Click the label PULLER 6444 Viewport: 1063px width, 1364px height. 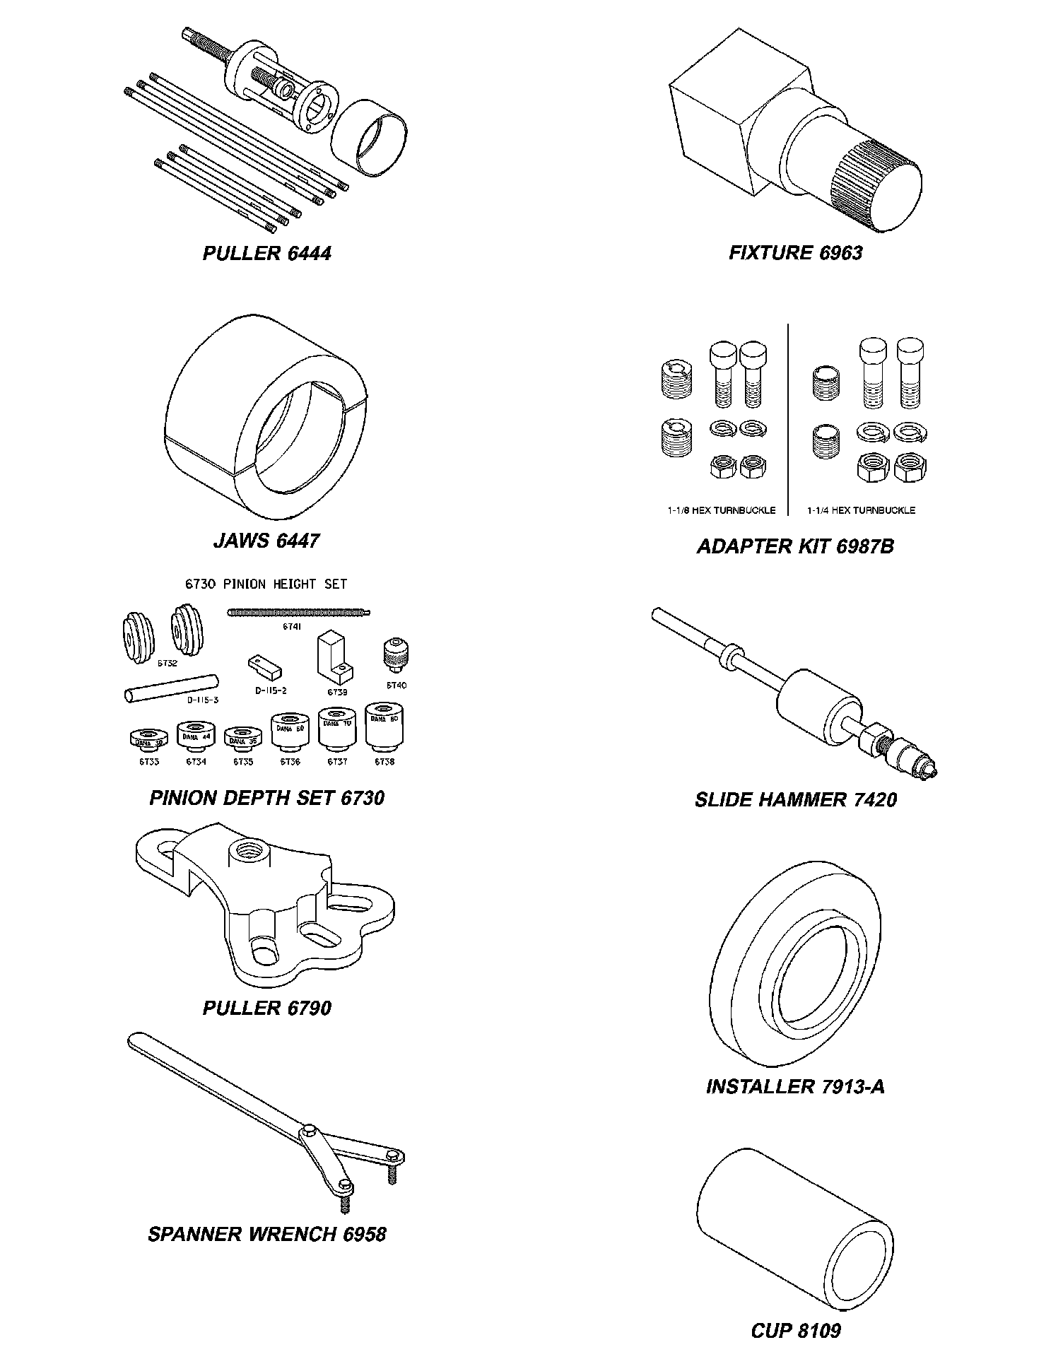[x=266, y=254]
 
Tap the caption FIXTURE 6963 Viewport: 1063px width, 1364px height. [x=795, y=253]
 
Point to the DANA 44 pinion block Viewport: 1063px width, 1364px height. [x=196, y=737]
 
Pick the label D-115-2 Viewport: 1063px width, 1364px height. [x=271, y=690]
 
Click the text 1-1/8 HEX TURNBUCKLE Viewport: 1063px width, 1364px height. [x=721, y=510]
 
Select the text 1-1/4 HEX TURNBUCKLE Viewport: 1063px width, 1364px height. [x=861, y=510]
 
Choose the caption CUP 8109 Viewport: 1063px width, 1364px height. [x=796, y=1331]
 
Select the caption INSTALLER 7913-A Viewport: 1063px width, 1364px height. [x=795, y=1086]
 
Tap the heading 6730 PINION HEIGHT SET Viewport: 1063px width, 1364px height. [x=266, y=584]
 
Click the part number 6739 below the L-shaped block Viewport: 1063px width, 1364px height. [x=338, y=692]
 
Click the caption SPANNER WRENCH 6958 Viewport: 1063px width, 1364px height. [x=267, y=1234]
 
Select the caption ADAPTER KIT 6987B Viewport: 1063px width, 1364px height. [x=795, y=546]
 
